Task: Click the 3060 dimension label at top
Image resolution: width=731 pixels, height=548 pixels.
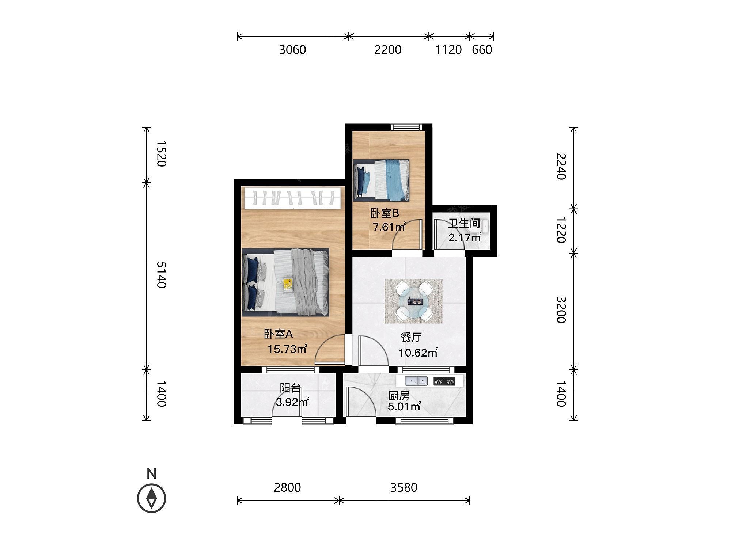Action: tap(292, 50)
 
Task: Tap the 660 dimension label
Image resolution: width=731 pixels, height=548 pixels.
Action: tap(482, 50)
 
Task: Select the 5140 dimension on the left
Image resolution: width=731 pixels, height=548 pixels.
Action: tap(161, 275)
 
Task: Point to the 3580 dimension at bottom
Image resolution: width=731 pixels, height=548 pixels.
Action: tap(404, 487)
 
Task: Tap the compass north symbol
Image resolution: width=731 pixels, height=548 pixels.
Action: tap(151, 498)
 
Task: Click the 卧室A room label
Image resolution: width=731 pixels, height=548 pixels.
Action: tap(279, 334)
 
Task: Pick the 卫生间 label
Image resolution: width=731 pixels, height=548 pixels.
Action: tap(464, 223)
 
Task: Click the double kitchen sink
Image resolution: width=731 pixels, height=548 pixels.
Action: tap(416, 381)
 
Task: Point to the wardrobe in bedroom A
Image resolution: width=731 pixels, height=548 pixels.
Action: tap(294, 198)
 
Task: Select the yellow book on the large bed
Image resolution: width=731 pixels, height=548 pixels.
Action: tap(288, 284)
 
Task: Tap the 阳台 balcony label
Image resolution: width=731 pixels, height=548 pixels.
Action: tap(290, 388)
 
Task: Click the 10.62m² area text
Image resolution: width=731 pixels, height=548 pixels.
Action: tap(418, 353)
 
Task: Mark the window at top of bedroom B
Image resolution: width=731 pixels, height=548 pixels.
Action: tap(406, 127)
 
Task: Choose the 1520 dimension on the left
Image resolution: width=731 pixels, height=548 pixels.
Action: tap(161, 154)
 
